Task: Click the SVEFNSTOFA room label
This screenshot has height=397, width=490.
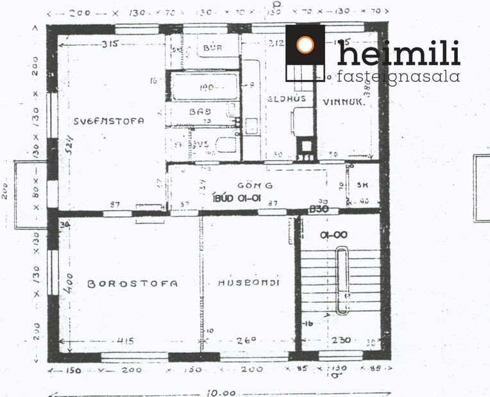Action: [x=108, y=120]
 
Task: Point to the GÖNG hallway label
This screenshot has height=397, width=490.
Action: [x=255, y=186]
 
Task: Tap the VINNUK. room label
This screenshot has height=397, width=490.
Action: [x=344, y=101]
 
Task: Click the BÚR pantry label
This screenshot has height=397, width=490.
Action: [x=212, y=48]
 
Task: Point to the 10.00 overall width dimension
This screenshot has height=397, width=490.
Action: [x=220, y=392]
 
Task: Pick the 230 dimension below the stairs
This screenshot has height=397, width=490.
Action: [x=341, y=341]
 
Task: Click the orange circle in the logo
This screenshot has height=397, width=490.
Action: [x=305, y=45]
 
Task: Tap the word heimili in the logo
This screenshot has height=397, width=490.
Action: [x=398, y=54]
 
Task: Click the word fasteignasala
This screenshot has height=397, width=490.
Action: [x=398, y=77]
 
